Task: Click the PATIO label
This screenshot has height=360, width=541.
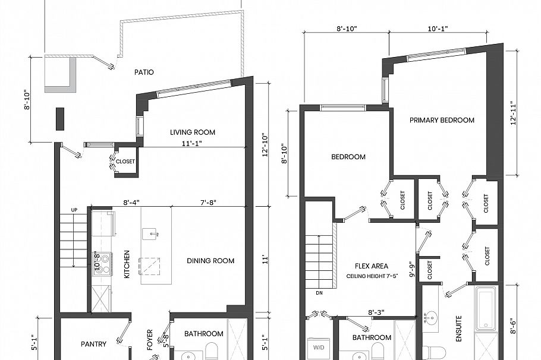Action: pyautogui.click(x=144, y=72)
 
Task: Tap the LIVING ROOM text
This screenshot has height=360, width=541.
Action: pyautogui.click(x=192, y=132)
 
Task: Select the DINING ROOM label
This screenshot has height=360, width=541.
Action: pyautogui.click(x=210, y=261)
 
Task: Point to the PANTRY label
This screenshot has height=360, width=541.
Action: pyautogui.click(x=94, y=344)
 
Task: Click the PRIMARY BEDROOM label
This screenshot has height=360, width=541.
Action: pyautogui.click(x=442, y=120)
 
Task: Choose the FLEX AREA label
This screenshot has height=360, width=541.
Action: pyautogui.click(x=372, y=266)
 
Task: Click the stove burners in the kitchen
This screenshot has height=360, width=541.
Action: pyautogui.click(x=103, y=263)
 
